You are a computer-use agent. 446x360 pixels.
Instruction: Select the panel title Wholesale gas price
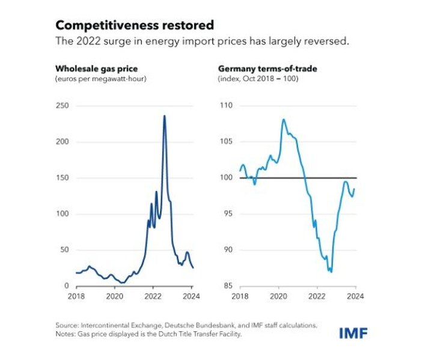click(96, 69)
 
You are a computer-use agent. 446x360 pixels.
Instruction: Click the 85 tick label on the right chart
click(227, 286)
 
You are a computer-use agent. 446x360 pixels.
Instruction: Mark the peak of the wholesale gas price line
click(164, 115)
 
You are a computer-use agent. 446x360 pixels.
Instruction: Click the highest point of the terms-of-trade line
click(283, 119)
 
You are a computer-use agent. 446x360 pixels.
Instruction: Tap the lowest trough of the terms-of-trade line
click(331, 272)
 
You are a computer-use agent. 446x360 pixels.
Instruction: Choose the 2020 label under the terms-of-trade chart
click(279, 296)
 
